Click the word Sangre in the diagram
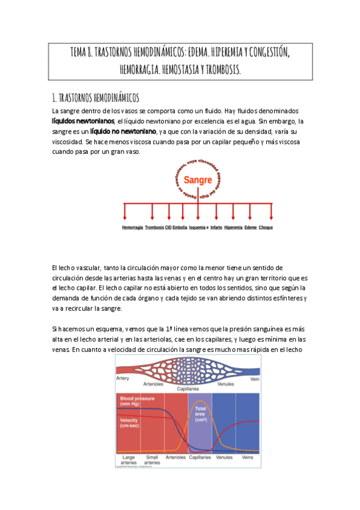coord(198,180)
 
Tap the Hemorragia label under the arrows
coord(132,228)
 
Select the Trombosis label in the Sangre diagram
coord(154,228)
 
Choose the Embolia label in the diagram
coord(180,228)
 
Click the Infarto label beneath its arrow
coord(216,228)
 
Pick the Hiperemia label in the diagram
coord(233,228)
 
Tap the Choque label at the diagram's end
coord(266,228)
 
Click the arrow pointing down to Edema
coord(251,212)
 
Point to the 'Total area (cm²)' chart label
coord(201,413)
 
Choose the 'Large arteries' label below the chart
coord(129,459)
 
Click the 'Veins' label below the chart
coord(248,457)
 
